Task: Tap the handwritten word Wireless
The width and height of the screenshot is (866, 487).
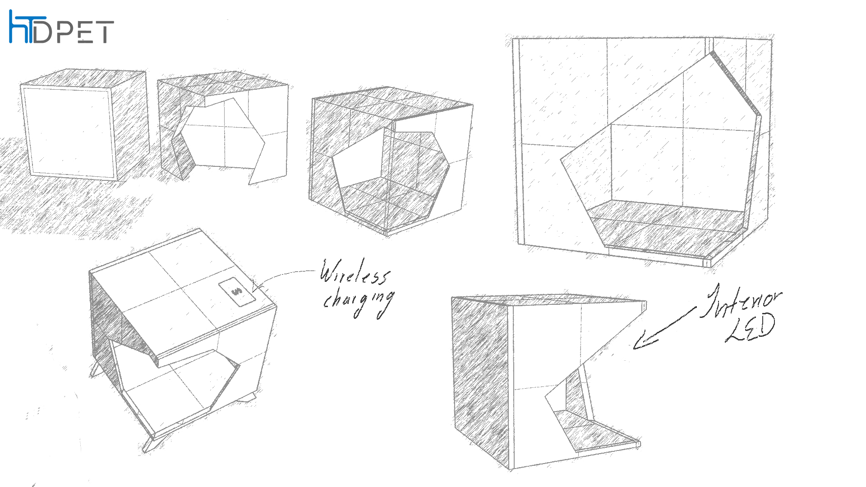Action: [x=354, y=271]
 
